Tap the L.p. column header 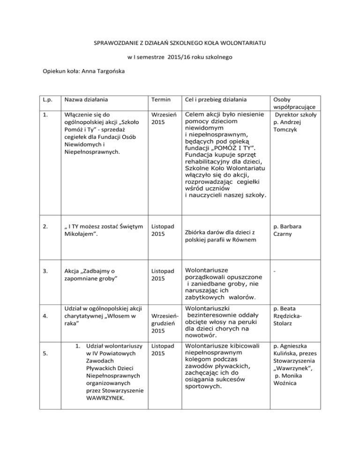45,100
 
